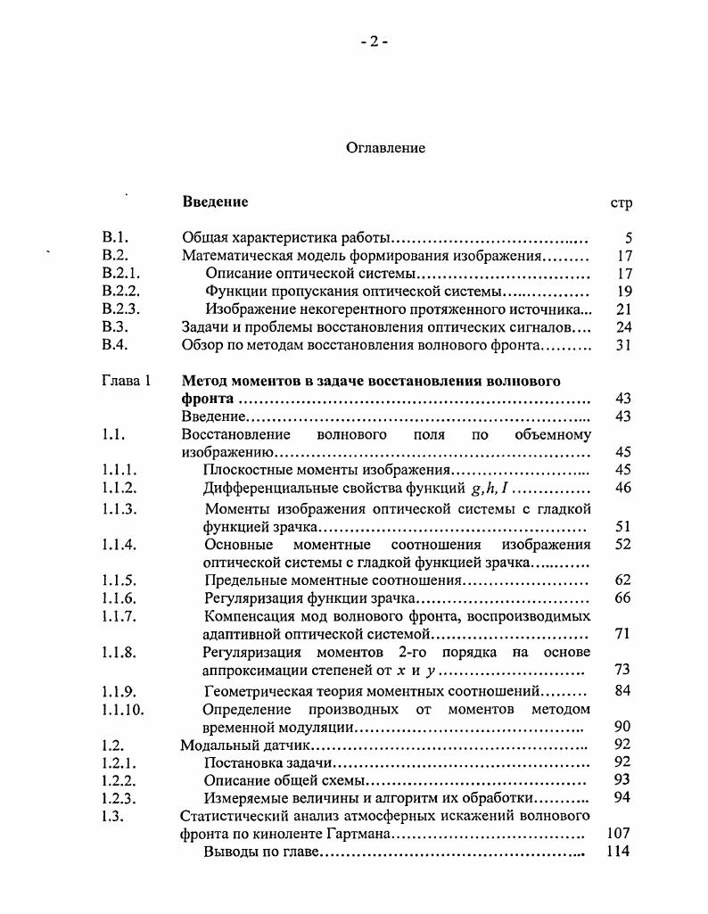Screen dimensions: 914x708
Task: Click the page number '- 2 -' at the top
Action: pos(374,41)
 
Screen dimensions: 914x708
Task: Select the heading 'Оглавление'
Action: pos(385,148)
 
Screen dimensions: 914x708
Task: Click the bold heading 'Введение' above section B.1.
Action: pos(215,202)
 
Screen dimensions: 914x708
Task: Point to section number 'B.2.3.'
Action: pos(121,309)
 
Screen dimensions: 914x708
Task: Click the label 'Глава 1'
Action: pos(126,381)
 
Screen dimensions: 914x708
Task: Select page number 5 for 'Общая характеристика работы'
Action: pos(628,238)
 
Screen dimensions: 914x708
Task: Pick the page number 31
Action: pos(623,345)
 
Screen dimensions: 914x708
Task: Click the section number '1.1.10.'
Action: pos(123,711)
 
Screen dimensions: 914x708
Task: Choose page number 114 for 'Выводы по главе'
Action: pos(617,852)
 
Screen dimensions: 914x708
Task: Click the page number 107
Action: pos(617,835)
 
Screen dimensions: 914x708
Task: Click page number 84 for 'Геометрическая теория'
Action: pos(622,691)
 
